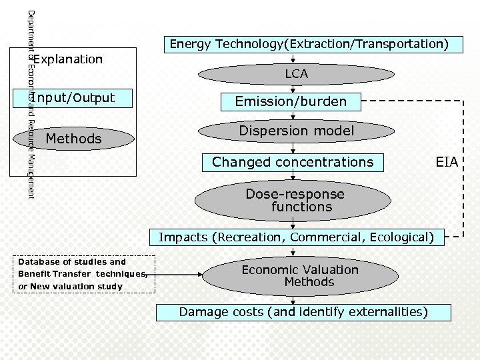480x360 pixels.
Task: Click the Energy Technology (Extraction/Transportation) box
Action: (x=309, y=45)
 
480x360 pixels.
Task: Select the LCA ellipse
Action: (x=296, y=74)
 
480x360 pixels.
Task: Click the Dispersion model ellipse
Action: (x=296, y=131)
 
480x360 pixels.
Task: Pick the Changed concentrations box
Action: (x=293, y=162)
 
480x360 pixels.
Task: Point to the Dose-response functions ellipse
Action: (x=295, y=201)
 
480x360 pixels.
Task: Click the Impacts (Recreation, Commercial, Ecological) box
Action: (x=296, y=237)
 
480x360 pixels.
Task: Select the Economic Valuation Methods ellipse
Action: (x=299, y=275)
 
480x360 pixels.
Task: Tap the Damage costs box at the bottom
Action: (x=303, y=312)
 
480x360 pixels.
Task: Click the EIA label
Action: (x=447, y=162)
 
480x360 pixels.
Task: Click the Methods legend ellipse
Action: (x=73, y=139)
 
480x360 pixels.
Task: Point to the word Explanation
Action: (x=69, y=59)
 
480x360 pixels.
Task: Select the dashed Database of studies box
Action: (x=83, y=274)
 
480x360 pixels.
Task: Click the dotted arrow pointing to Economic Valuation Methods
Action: (x=178, y=274)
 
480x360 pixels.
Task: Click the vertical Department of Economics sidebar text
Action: (x=29, y=103)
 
